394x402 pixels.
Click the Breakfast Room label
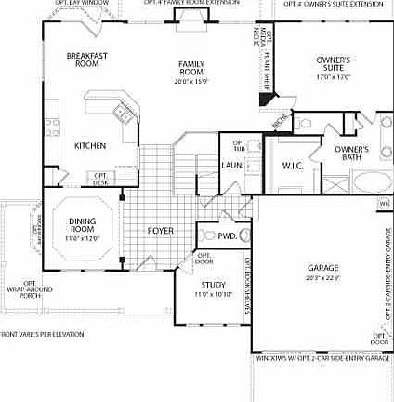point(87,60)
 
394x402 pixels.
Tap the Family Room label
point(192,67)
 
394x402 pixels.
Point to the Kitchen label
point(90,145)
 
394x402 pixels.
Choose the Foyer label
point(161,230)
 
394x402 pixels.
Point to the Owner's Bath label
point(351,153)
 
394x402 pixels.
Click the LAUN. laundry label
point(232,166)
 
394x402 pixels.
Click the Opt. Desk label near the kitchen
point(100,178)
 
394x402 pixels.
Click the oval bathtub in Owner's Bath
point(355,180)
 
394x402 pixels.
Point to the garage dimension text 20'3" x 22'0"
point(323,277)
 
